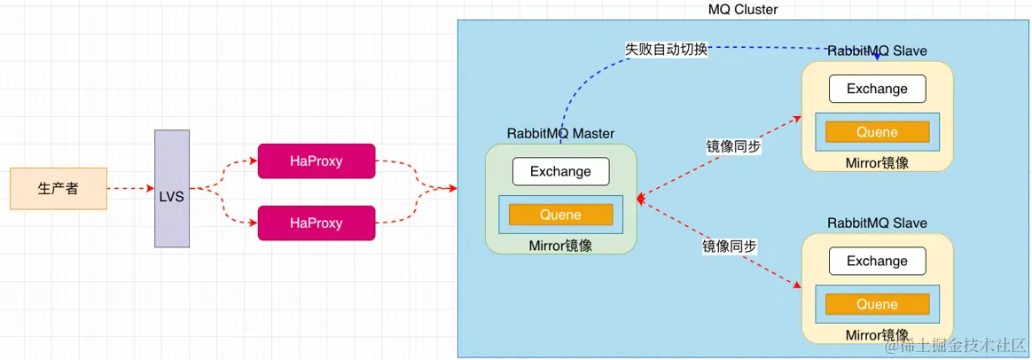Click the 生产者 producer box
click(59, 189)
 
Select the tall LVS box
click(172, 188)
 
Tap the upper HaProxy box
click(317, 161)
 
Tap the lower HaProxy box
click(317, 223)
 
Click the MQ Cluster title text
click(743, 10)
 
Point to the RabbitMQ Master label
click(560, 134)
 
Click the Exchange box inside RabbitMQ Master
click(560, 171)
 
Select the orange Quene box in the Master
click(560, 215)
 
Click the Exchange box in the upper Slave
click(877, 89)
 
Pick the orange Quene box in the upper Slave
click(877, 132)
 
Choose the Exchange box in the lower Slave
click(877, 261)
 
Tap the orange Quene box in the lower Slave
click(877, 304)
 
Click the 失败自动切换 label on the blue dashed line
click(667, 50)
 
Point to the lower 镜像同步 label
click(730, 247)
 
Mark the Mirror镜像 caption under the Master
click(560, 246)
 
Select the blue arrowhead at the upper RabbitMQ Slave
click(877, 57)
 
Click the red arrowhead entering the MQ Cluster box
click(452, 189)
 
